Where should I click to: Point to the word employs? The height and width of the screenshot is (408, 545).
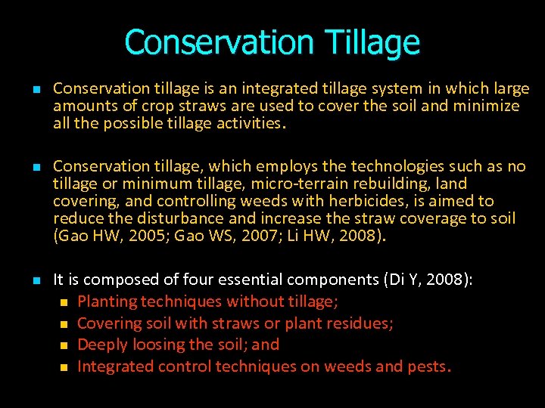282,166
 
